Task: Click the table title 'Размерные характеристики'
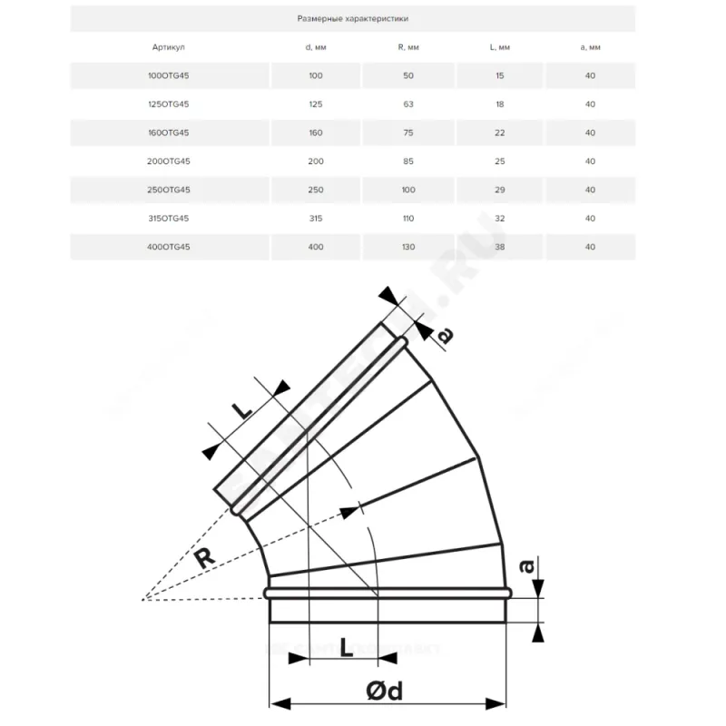(352, 17)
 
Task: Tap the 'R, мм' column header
(407, 46)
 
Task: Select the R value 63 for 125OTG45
(407, 103)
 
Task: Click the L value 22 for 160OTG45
(499, 132)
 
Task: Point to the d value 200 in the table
(316, 161)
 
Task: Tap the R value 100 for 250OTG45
(407, 190)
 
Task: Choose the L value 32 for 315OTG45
(499, 218)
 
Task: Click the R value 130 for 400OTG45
(407, 247)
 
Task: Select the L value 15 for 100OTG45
(499, 75)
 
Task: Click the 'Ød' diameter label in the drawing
(385, 692)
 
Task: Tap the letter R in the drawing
(206, 555)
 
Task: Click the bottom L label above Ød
(347, 647)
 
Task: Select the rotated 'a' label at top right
(445, 335)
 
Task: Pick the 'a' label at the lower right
(525, 566)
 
